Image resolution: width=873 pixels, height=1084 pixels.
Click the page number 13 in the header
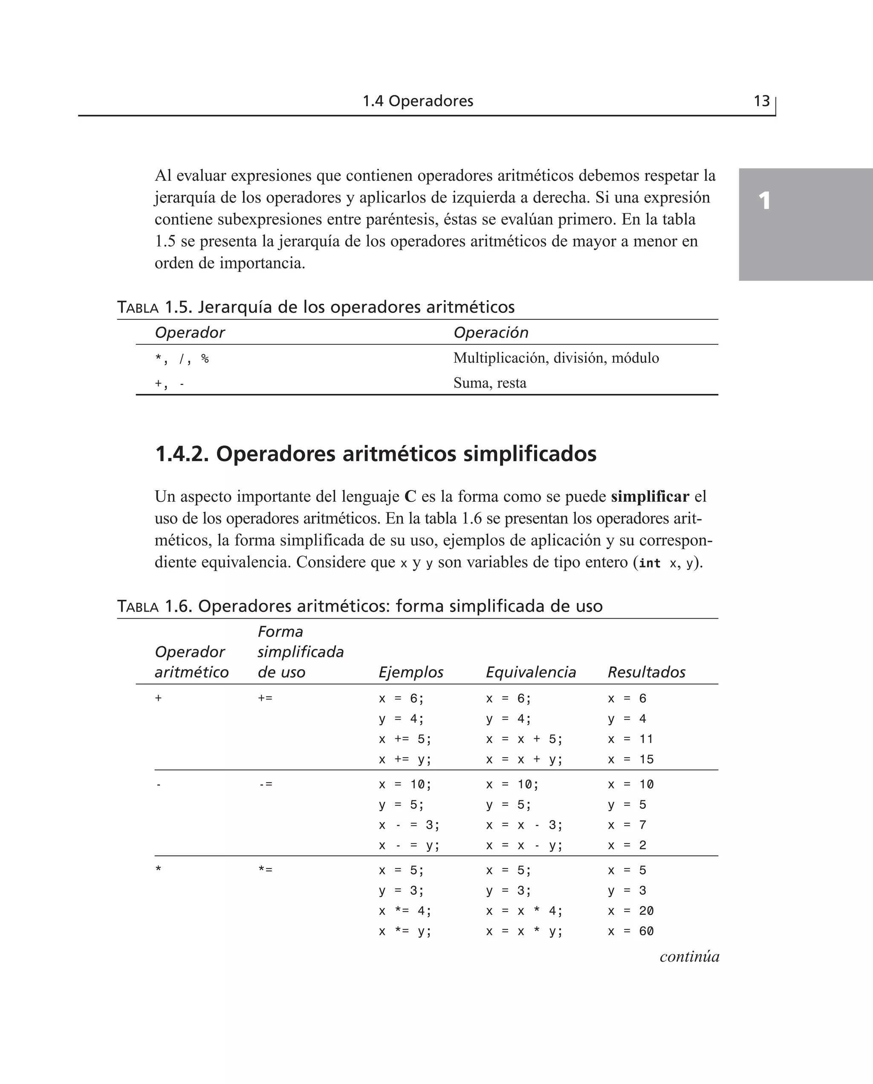(x=761, y=101)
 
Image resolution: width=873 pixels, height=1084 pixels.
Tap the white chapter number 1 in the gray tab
(x=764, y=201)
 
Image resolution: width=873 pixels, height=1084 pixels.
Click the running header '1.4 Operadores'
(x=418, y=101)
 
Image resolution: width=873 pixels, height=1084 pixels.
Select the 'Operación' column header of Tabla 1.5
(x=491, y=332)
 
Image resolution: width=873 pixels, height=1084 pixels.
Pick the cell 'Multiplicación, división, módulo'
(x=556, y=358)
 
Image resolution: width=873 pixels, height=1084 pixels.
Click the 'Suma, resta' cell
(x=490, y=383)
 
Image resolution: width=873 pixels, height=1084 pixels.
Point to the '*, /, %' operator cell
(x=182, y=359)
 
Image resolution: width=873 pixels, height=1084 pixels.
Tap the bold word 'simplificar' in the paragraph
(x=650, y=497)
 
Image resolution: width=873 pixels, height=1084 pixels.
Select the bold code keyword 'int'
(x=649, y=563)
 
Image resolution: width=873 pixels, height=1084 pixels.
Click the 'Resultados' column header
(x=646, y=672)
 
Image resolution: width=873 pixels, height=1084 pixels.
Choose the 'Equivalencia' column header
(x=531, y=672)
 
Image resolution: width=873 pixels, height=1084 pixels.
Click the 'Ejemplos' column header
(x=411, y=672)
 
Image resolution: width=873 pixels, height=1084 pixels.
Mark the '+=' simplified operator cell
(x=265, y=698)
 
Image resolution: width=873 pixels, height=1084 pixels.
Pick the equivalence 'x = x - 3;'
(x=524, y=825)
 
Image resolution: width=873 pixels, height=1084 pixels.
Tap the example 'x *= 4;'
(x=405, y=911)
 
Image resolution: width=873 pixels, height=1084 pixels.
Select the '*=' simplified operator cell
(x=265, y=870)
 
